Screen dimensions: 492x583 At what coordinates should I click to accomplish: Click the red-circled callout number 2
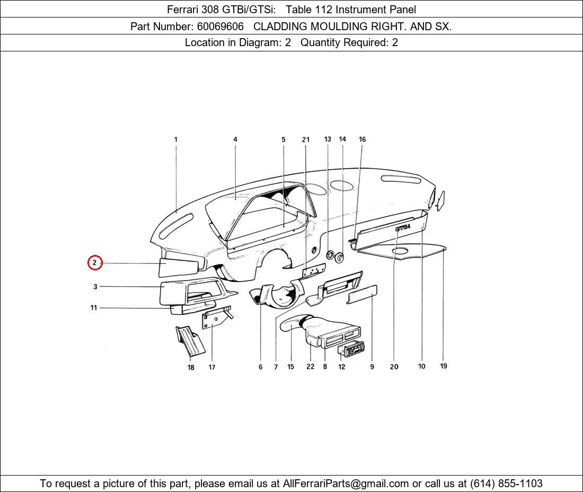point(94,262)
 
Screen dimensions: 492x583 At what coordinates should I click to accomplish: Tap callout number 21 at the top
point(305,140)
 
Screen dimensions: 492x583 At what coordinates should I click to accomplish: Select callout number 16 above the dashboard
point(362,139)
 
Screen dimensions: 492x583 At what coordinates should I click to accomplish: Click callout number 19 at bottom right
point(443,366)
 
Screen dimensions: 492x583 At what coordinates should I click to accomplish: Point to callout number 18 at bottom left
point(191,367)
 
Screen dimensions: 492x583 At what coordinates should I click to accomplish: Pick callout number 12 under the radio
point(341,366)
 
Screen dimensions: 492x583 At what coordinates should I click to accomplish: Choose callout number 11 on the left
point(94,307)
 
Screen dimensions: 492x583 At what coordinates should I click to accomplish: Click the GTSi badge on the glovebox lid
point(403,227)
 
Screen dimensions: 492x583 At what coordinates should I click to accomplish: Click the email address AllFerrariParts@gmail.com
point(346,484)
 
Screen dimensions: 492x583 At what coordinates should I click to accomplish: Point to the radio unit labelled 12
point(350,350)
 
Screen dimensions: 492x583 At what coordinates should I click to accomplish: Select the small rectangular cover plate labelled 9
point(362,294)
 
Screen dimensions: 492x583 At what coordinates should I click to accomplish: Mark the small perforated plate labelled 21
point(313,271)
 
